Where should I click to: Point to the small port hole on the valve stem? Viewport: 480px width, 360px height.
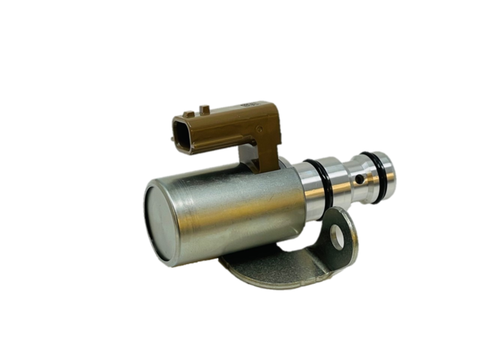pyautogui.click(x=360, y=180)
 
